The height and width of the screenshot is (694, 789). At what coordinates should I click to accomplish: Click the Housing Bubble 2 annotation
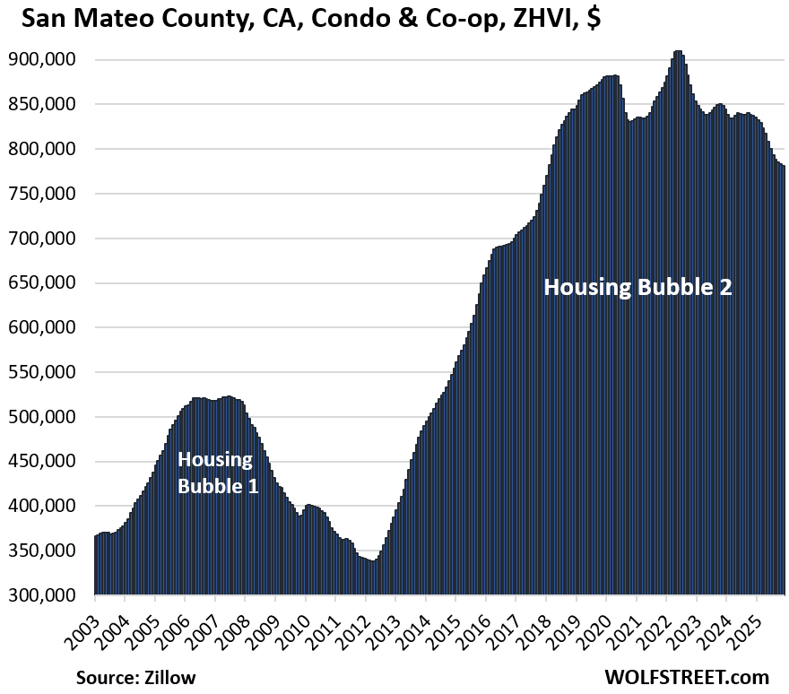[x=637, y=287]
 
